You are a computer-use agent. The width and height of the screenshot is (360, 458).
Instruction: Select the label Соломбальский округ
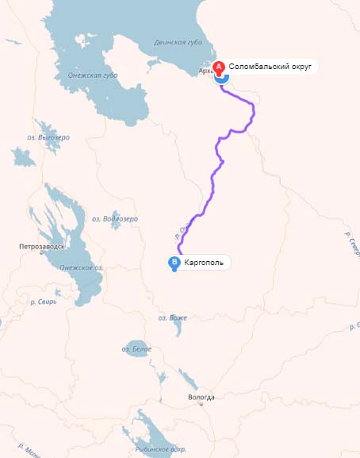coord(270,67)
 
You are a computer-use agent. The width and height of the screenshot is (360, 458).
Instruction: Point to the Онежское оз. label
coord(81,267)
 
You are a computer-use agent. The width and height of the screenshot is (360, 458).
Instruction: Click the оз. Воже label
coord(172,318)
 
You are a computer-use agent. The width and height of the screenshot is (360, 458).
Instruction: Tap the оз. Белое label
coord(136,349)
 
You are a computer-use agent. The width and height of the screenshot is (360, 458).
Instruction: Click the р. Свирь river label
coord(43,302)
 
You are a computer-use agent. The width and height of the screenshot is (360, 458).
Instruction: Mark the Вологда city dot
coord(202,405)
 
